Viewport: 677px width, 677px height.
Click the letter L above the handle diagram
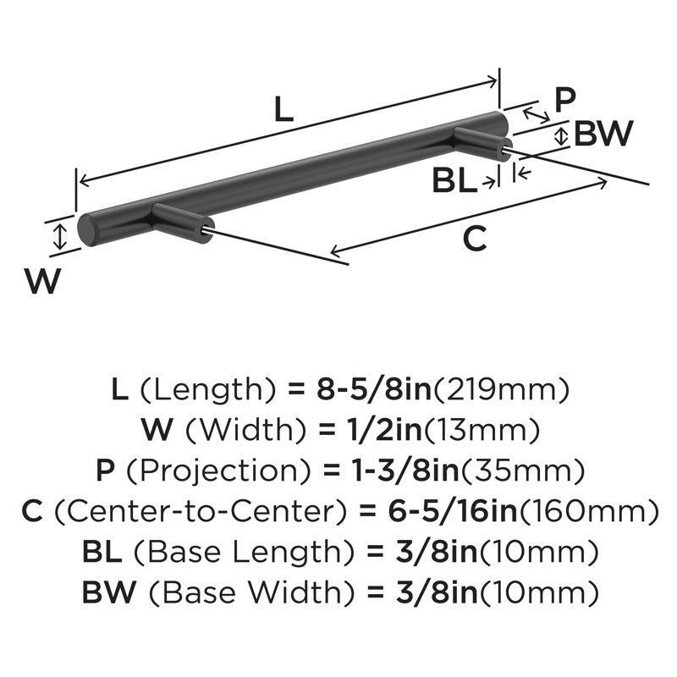[x=284, y=109]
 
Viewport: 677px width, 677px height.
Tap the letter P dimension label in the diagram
[x=564, y=99]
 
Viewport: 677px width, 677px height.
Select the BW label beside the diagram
[x=603, y=134]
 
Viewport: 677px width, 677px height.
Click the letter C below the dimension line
[x=475, y=239]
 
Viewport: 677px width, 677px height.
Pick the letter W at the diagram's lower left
[x=42, y=281]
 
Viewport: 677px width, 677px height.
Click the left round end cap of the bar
[x=87, y=229]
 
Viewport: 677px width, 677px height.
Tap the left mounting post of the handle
[x=181, y=223]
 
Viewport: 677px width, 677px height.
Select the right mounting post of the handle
[x=482, y=143]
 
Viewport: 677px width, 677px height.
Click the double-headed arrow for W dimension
[x=60, y=237]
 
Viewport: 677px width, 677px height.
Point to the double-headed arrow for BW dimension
[x=561, y=136]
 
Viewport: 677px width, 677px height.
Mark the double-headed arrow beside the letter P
[x=537, y=116]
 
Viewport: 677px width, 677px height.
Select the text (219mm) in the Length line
[x=501, y=389]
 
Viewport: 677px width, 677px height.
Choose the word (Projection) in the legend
[x=218, y=471]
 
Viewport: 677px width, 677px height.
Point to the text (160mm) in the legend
[x=589, y=511]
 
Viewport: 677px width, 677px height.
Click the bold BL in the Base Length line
[x=102, y=552]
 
